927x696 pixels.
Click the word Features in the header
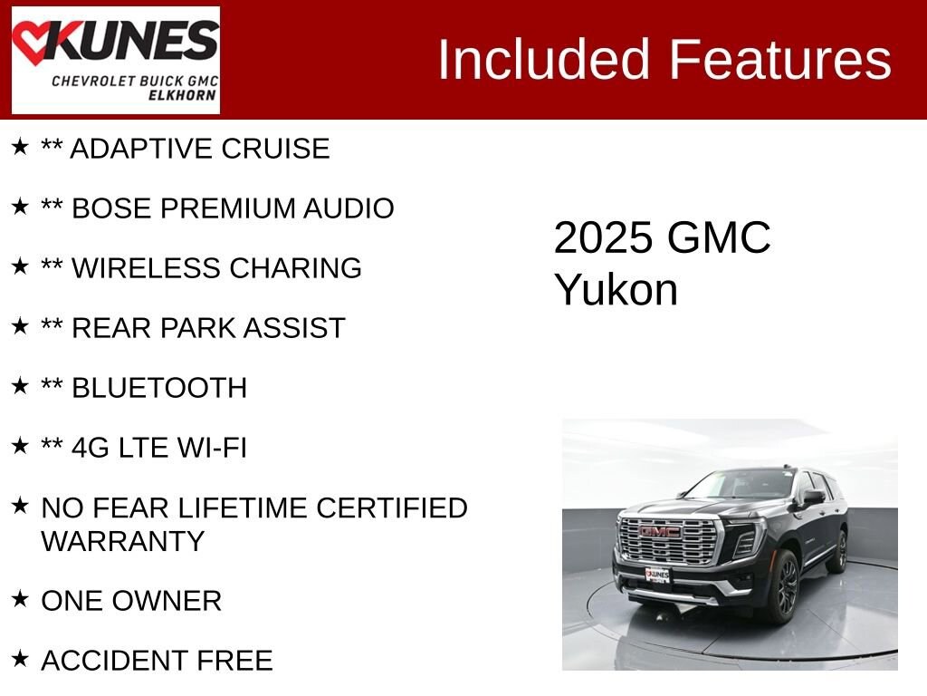[x=779, y=59]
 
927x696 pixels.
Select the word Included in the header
[x=544, y=59]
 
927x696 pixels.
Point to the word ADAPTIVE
[x=141, y=149]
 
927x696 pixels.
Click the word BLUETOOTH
[x=159, y=388]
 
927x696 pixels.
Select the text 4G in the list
[x=90, y=448]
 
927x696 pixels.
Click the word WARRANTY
[x=123, y=542]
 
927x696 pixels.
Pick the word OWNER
[x=167, y=601]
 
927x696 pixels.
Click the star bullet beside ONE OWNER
[x=20, y=598]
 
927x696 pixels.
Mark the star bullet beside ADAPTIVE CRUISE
[x=20, y=146]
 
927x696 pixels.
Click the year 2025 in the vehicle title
[x=603, y=238]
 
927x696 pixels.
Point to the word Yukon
[x=616, y=290]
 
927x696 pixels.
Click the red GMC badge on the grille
[x=659, y=531]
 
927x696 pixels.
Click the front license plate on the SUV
[x=657, y=575]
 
